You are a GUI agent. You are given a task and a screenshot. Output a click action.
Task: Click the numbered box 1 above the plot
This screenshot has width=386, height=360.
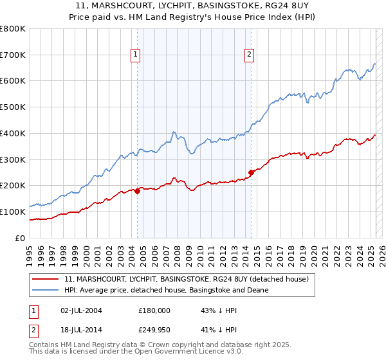click(x=136, y=55)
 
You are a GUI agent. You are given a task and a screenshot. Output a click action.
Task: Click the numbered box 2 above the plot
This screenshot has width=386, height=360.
click(x=249, y=55)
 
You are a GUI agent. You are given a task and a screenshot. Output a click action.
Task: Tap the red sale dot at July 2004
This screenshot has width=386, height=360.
click(x=137, y=190)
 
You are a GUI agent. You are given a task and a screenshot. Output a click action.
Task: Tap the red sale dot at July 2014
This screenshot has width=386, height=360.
click(x=251, y=172)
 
